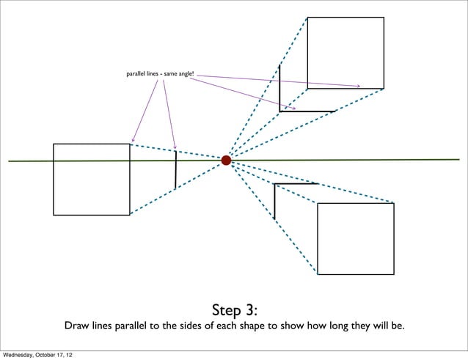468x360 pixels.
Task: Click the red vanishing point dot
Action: click(226, 160)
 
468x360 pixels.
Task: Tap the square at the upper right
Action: click(345, 53)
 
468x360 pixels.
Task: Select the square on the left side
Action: click(91, 179)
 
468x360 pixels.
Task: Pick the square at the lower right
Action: click(355, 238)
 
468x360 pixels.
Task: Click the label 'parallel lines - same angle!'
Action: click(160, 74)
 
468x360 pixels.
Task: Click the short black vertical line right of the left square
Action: click(175, 169)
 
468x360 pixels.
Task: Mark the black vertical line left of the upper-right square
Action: click(279, 87)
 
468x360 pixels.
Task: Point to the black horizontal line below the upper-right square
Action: click(307, 111)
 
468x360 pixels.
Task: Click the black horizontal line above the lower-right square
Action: click(296, 183)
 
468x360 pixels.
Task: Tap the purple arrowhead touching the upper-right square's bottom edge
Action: click(358, 87)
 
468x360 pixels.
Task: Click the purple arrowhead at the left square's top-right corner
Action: click(133, 140)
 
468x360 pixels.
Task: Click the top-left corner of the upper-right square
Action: click(307, 18)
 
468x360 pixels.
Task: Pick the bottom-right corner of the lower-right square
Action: click(393, 273)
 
